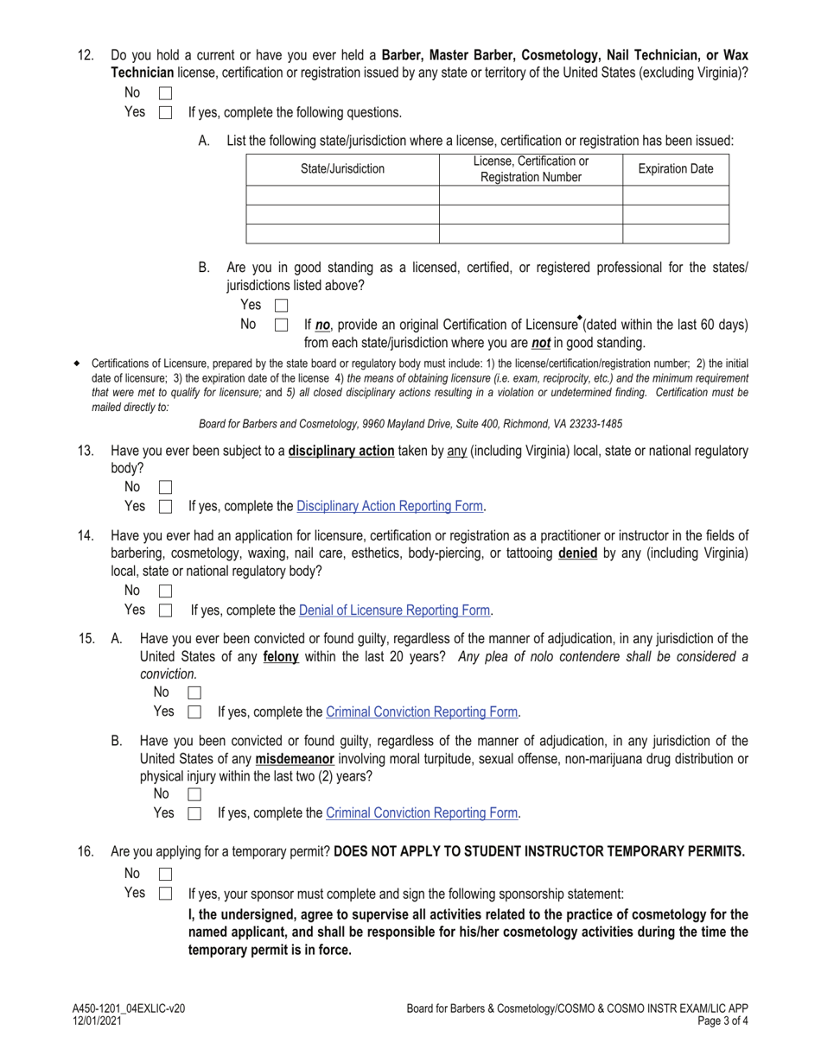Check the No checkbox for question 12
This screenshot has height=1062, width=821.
click(166, 92)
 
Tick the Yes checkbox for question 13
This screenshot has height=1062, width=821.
click(166, 507)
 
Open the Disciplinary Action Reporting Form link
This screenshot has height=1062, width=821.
click(390, 507)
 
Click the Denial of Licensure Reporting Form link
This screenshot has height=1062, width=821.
click(395, 610)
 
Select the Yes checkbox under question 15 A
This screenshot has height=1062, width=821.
click(194, 712)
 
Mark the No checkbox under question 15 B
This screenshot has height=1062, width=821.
click(194, 793)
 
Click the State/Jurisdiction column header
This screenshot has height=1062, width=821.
click(342, 169)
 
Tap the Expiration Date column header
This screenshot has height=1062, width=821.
click(675, 169)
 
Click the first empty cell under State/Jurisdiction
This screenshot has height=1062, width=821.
click(342, 195)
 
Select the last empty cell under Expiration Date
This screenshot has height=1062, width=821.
click(675, 234)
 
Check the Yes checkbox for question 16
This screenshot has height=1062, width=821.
click(166, 894)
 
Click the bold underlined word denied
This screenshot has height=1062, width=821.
click(577, 553)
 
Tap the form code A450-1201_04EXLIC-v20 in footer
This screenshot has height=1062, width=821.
click(129, 1008)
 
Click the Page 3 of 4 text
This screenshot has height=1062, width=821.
click(718, 1021)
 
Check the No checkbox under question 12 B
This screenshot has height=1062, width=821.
click(281, 326)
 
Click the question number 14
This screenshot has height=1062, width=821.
click(86, 536)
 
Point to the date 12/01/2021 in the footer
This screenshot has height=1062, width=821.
click(97, 1021)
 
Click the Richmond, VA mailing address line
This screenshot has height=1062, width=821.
click(410, 424)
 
